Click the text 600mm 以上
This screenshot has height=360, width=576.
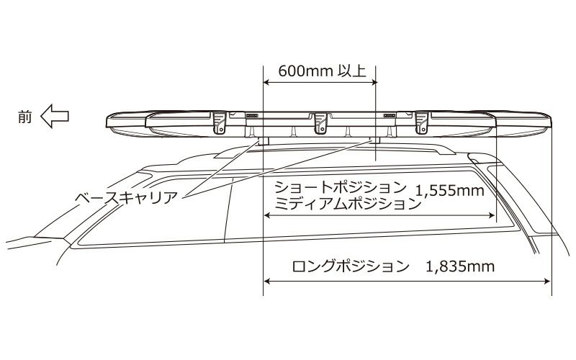click(x=320, y=72)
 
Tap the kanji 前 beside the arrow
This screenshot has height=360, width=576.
click(x=26, y=116)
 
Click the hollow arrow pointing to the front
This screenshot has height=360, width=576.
click(x=54, y=116)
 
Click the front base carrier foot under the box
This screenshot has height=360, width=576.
click(x=264, y=140)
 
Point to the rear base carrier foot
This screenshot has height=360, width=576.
click(x=375, y=140)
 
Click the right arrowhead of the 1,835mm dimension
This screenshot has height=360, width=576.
click(x=549, y=281)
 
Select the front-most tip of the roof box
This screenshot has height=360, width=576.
click(x=106, y=122)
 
